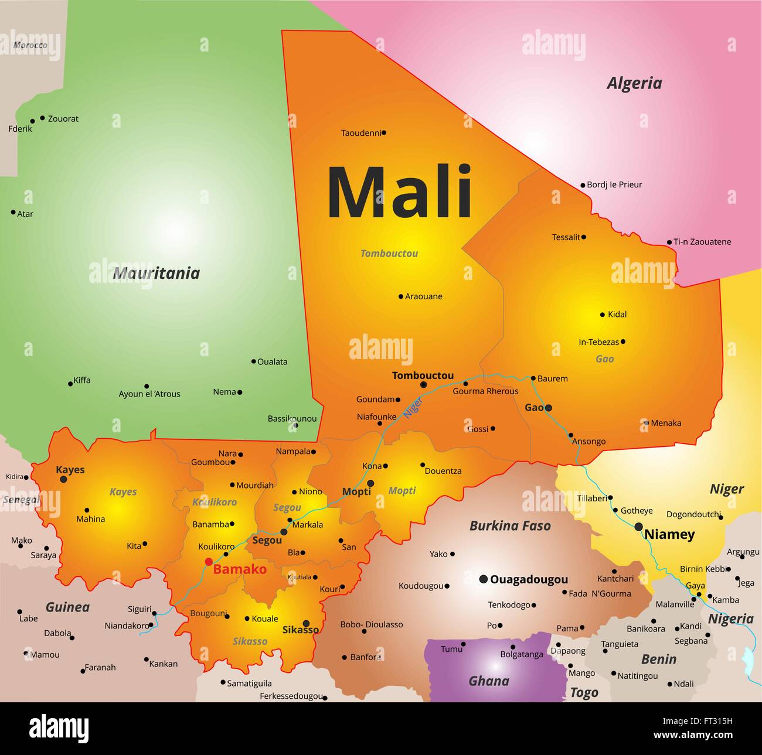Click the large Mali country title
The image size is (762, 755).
tap(399, 192)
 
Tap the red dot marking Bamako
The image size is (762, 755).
tap(208, 562)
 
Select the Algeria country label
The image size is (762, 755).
tap(634, 83)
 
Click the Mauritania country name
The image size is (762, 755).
tap(156, 273)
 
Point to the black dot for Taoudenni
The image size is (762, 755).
tap(384, 133)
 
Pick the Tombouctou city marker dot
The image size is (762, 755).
tap(423, 385)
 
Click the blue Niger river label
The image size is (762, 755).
tap(413, 406)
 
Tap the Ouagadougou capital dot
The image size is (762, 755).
tap(483, 579)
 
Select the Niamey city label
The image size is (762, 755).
tap(669, 534)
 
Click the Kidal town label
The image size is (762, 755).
tap(617, 315)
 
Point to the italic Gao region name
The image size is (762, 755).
tap(604, 358)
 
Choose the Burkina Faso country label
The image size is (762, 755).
tap(510, 526)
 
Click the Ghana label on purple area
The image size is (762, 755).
tap(489, 681)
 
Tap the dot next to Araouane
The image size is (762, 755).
tap(401, 296)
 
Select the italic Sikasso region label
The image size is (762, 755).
tap(250, 641)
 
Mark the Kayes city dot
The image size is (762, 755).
tap(63, 479)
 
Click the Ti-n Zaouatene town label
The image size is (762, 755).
tap(702, 242)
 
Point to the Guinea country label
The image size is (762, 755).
tap(67, 607)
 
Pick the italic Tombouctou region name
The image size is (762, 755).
tap(389, 254)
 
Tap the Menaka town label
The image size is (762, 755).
tap(666, 423)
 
